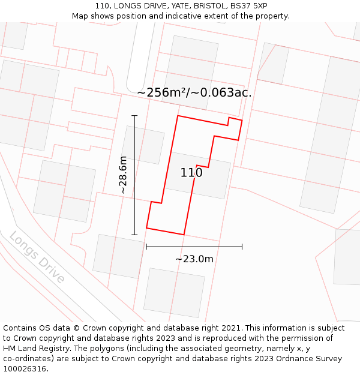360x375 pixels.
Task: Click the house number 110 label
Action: (191, 173)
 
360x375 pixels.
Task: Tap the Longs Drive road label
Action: (37, 257)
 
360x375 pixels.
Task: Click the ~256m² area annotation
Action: (194, 92)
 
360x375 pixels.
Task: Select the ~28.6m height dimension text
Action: (123, 175)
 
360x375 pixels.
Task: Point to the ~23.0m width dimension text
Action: (194, 259)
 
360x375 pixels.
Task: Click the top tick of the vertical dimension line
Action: (134, 115)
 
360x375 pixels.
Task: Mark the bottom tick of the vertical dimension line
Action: (134, 235)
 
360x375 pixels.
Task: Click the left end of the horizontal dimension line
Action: (146, 246)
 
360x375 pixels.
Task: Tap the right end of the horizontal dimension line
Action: (242, 246)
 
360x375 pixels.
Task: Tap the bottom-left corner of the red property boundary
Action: (146, 228)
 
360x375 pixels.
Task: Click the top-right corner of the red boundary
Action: (242, 120)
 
